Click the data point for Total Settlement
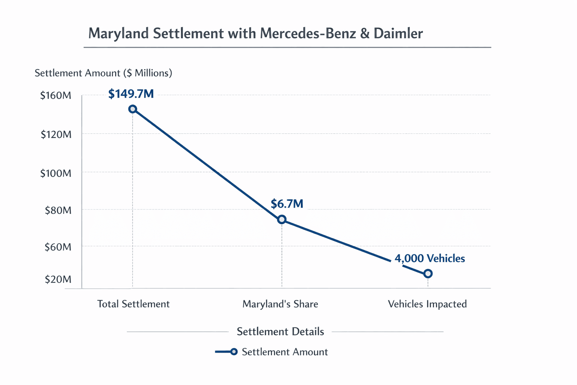click(133, 109)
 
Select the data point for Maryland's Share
click(282, 220)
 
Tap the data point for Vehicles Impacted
click(428, 274)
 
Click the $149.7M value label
click(131, 94)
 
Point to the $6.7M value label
click(287, 204)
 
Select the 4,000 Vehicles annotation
click(430, 258)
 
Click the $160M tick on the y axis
click(56, 95)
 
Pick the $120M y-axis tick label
click(56, 134)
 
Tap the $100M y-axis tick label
click(56, 173)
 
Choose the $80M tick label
click(58, 210)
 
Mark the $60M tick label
click(58, 247)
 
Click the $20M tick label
click(58, 279)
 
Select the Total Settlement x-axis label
click(133, 304)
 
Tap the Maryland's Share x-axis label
click(280, 304)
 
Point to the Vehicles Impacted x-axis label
click(427, 304)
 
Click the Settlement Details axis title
click(280, 332)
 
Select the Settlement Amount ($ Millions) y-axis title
click(103, 73)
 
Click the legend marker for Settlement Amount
click(233, 352)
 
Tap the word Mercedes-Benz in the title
click(308, 33)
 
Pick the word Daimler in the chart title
click(398, 33)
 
